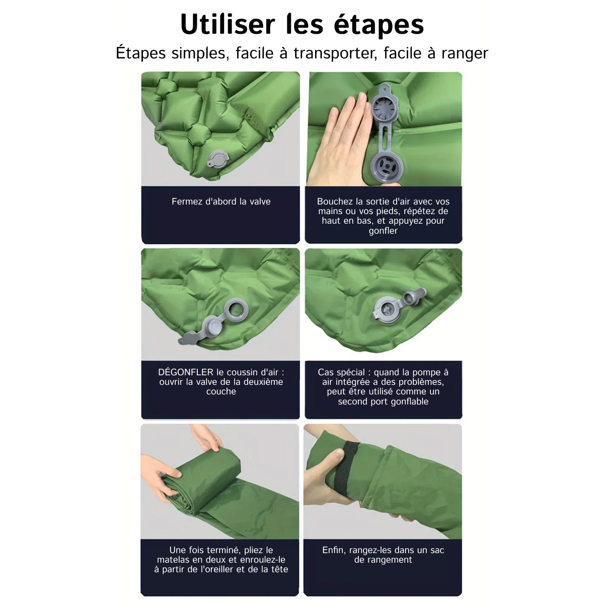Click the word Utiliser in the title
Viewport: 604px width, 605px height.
click(x=228, y=25)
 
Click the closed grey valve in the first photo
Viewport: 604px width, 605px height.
click(x=218, y=159)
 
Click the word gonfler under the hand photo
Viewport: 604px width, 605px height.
click(x=383, y=231)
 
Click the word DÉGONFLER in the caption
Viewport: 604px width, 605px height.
click(x=185, y=372)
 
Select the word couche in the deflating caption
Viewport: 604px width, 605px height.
click(x=221, y=391)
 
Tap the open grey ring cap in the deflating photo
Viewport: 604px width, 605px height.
click(x=236, y=310)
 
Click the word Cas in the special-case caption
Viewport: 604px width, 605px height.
click(x=325, y=372)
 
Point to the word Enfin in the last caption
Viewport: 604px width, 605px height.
click(x=334, y=550)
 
